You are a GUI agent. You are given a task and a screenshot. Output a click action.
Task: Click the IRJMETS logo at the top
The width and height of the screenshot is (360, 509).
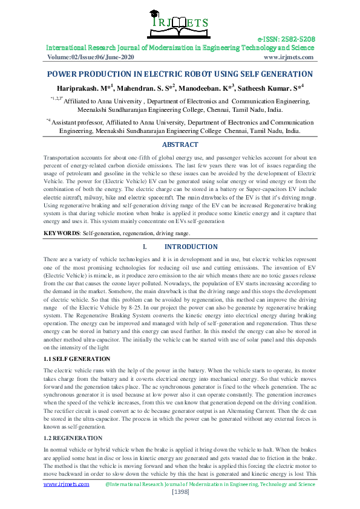click(x=180, y=23)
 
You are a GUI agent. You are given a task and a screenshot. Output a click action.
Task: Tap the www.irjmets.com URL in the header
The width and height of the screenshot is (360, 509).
click(x=289, y=57)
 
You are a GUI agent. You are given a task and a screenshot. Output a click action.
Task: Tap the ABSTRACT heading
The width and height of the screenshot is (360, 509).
click(x=180, y=144)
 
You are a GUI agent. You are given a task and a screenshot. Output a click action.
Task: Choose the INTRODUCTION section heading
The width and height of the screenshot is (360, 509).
click(x=191, y=247)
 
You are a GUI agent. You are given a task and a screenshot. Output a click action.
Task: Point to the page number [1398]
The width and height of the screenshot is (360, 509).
click(x=180, y=493)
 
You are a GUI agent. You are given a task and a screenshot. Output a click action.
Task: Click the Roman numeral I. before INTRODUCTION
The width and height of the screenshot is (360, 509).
click(x=144, y=247)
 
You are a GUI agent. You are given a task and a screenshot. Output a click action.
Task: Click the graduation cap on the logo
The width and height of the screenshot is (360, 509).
click(x=180, y=10)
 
